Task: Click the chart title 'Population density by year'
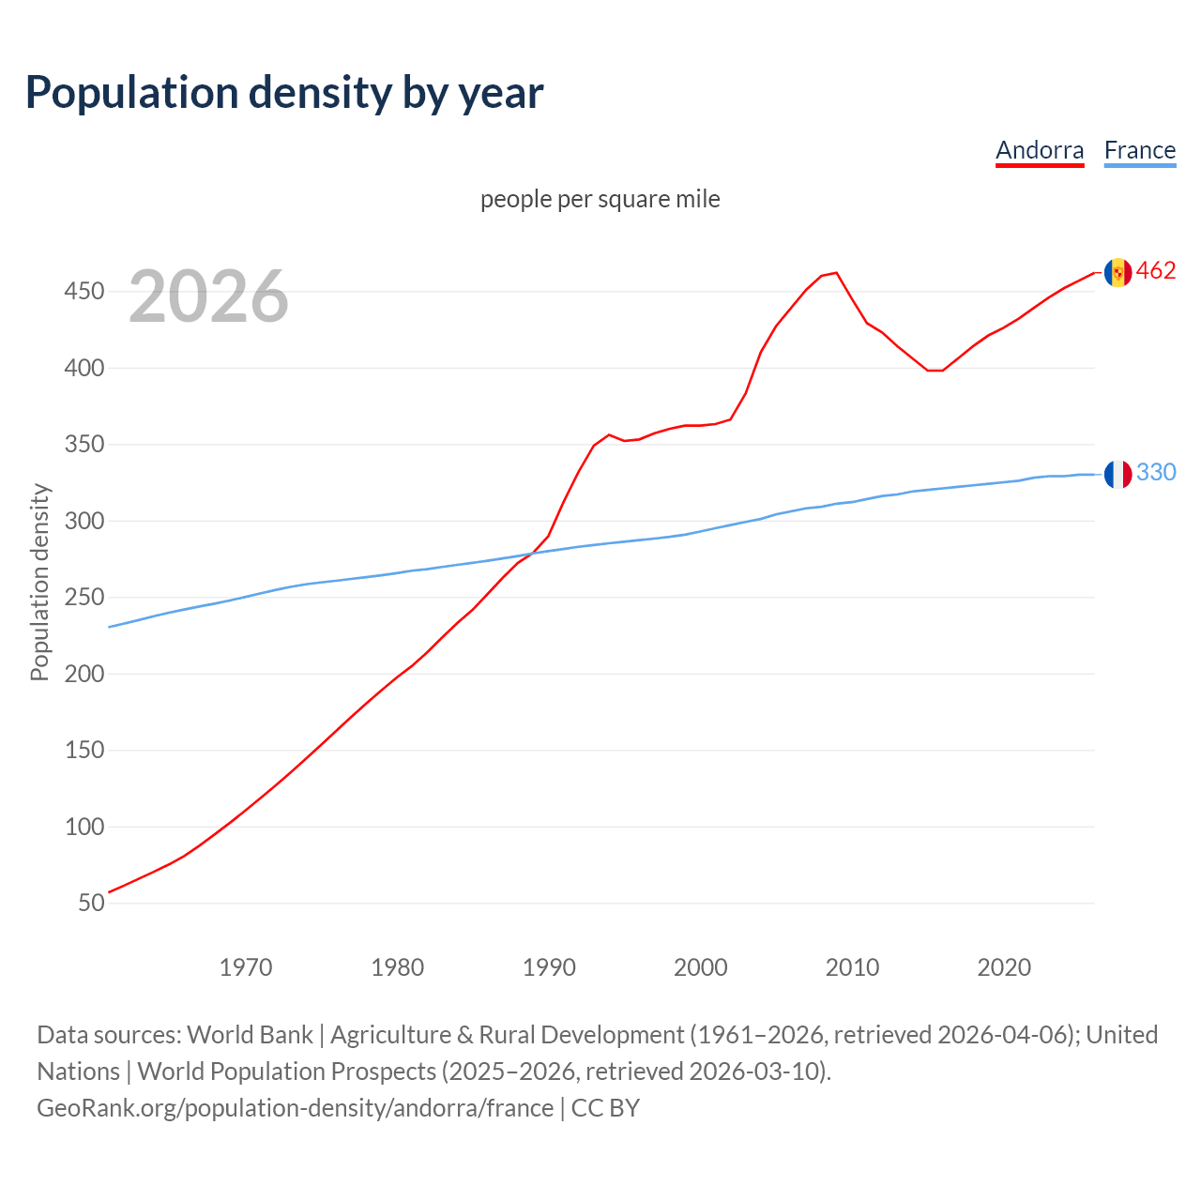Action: (284, 92)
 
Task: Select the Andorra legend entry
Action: (1040, 150)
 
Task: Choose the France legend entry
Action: (1140, 150)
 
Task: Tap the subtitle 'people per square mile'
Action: (600, 199)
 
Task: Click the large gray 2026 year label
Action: (208, 296)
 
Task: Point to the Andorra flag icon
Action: (1117, 272)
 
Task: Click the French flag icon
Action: (1117, 474)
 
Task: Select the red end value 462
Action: (1156, 271)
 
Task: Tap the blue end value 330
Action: (1156, 472)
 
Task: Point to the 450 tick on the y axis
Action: (84, 292)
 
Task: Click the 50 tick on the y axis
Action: (91, 904)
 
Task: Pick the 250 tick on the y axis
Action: (84, 598)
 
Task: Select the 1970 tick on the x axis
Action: (246, 967)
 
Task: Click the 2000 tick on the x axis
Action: (701, 967)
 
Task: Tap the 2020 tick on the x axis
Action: (1004, 967)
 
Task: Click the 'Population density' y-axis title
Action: (39, 582)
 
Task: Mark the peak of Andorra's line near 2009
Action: (836, 273)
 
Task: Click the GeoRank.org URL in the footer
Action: (295, 1108)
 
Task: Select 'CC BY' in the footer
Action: (605, 1108)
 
